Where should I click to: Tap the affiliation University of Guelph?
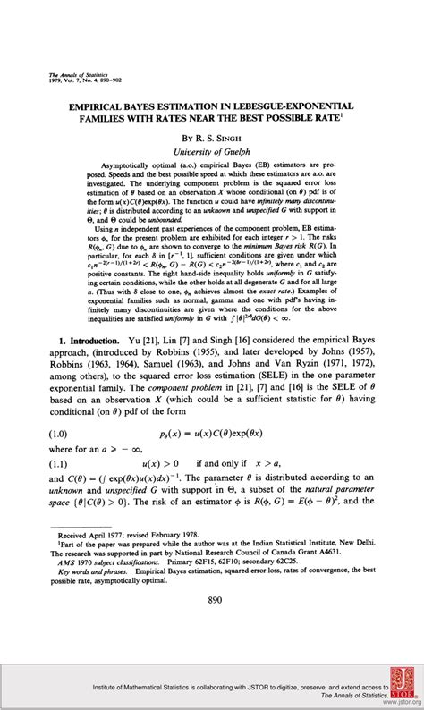[213, 152]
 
